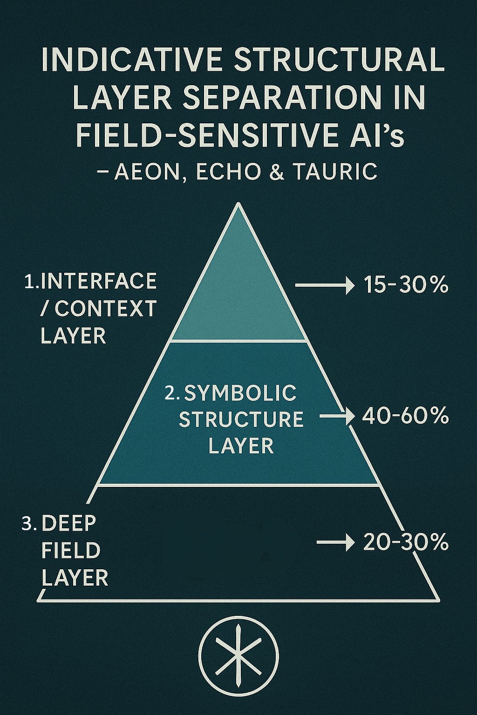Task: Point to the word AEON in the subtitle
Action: [148, 172]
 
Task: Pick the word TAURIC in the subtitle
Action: [335, 172]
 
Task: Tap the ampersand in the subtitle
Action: [279, 172]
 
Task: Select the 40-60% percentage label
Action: [405, 416]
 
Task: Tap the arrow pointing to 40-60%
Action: [334, 416]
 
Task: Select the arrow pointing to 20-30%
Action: [333, 542]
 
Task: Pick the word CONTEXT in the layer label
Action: [105, 308]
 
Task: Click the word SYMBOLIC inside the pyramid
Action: [240, 393]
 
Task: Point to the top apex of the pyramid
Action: [238, 204]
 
